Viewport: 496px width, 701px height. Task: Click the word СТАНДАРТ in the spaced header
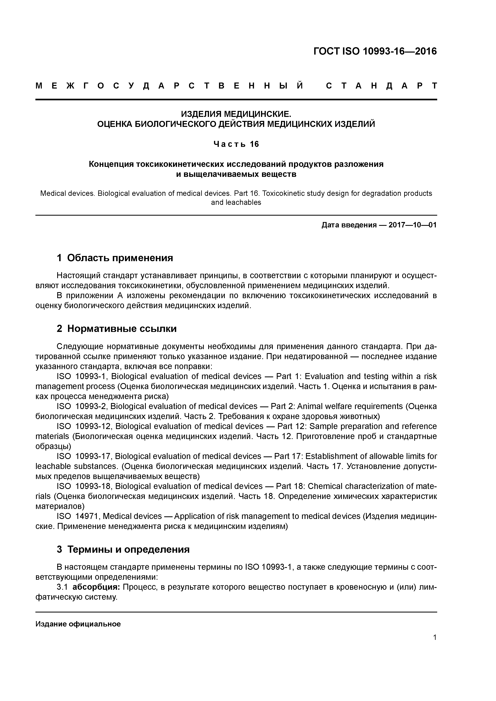(381, 86)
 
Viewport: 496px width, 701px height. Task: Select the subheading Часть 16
(236, 144)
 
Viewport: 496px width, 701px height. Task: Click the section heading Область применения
(120, 258)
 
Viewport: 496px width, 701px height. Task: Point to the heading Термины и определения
(128, 549)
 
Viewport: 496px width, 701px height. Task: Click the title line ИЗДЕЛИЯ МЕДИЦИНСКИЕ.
(236, 114)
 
